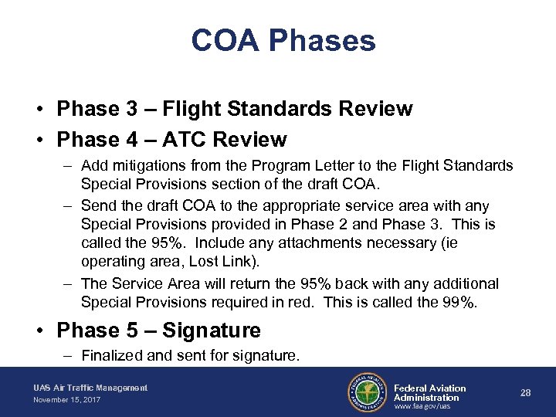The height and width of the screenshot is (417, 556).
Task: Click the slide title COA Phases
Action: (283, 40)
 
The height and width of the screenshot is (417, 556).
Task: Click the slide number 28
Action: (526, 393)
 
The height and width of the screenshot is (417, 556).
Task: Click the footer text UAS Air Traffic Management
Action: (90, 388)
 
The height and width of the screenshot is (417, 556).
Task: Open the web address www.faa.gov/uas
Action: (422, 407)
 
